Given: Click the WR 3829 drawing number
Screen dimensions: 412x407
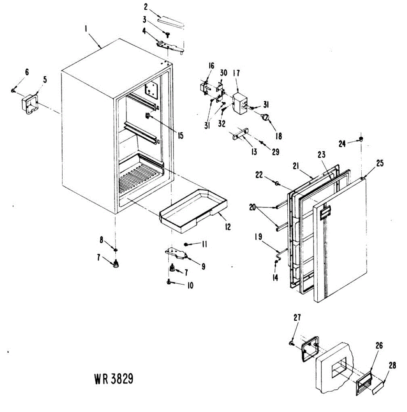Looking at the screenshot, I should tap(113, 379).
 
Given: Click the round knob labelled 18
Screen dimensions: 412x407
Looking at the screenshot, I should tap(266, 118).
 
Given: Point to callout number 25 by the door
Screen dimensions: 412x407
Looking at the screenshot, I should tap(379, 163).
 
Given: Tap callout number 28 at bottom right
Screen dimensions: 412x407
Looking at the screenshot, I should tap(392, 365).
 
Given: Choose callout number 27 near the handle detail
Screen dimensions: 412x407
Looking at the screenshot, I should tap(297, 318).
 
